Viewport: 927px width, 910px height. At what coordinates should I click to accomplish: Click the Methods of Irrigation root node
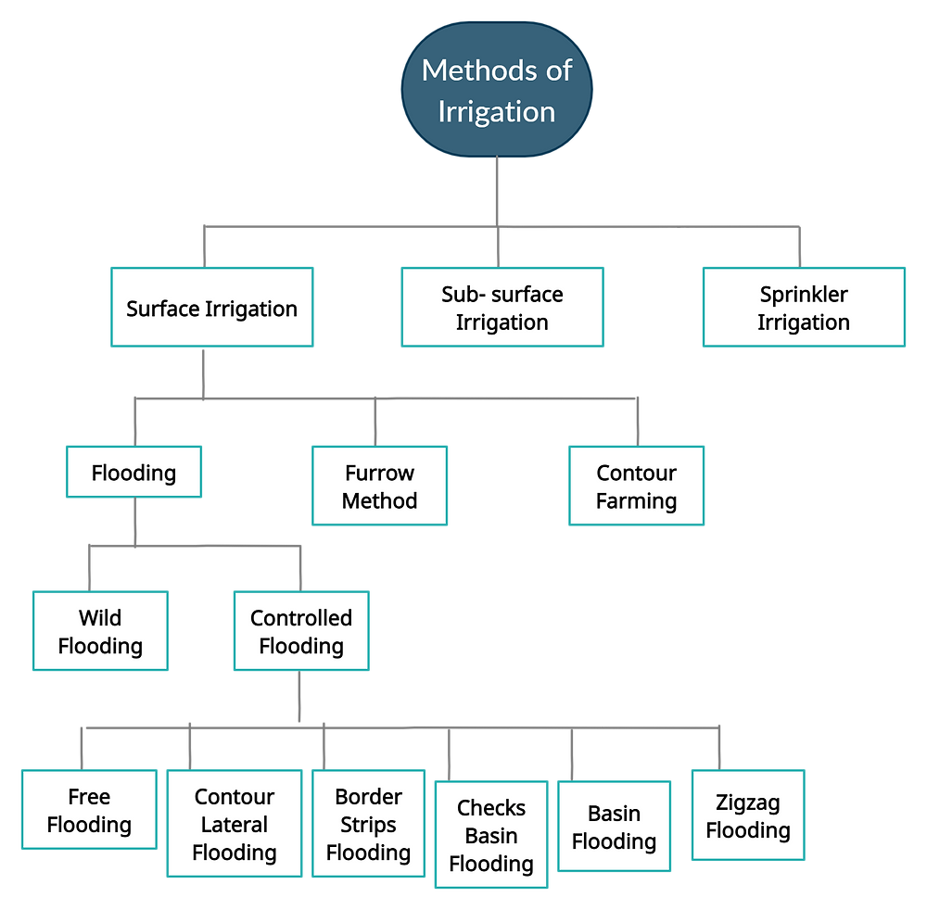coord(497,91)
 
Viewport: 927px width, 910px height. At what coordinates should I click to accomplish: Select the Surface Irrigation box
coord(212,308)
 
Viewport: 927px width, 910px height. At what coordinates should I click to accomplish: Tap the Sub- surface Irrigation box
coord(502,308)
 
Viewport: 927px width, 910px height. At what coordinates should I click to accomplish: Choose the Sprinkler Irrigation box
coord(804,308)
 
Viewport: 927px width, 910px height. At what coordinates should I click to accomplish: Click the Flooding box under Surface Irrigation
coord(134,473)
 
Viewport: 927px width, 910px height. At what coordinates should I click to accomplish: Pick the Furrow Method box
coord(380,487)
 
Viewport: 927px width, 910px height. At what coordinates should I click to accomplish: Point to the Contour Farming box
coord(637,487)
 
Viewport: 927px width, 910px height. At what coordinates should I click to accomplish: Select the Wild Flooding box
coord(100,632)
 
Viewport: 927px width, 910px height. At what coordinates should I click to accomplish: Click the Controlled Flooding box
coord(301,632)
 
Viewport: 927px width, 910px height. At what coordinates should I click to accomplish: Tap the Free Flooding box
coord(89,810)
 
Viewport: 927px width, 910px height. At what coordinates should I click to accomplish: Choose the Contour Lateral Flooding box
coord(235,824)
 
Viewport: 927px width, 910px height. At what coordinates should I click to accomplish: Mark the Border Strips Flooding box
coord(368,824)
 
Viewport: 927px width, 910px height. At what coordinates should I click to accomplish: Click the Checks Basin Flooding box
coord(491,835)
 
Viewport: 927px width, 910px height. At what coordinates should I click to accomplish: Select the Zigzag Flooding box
coord(748,815)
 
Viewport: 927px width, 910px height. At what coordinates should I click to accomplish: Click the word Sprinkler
coord(804,295)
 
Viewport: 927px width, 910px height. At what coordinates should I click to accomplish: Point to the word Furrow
coord(380,473)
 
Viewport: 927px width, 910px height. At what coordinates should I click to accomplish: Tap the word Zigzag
coord(748,803)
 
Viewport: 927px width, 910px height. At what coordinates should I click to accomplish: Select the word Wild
coord(100,618)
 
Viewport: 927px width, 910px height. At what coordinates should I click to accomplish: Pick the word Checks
coord(491,808)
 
